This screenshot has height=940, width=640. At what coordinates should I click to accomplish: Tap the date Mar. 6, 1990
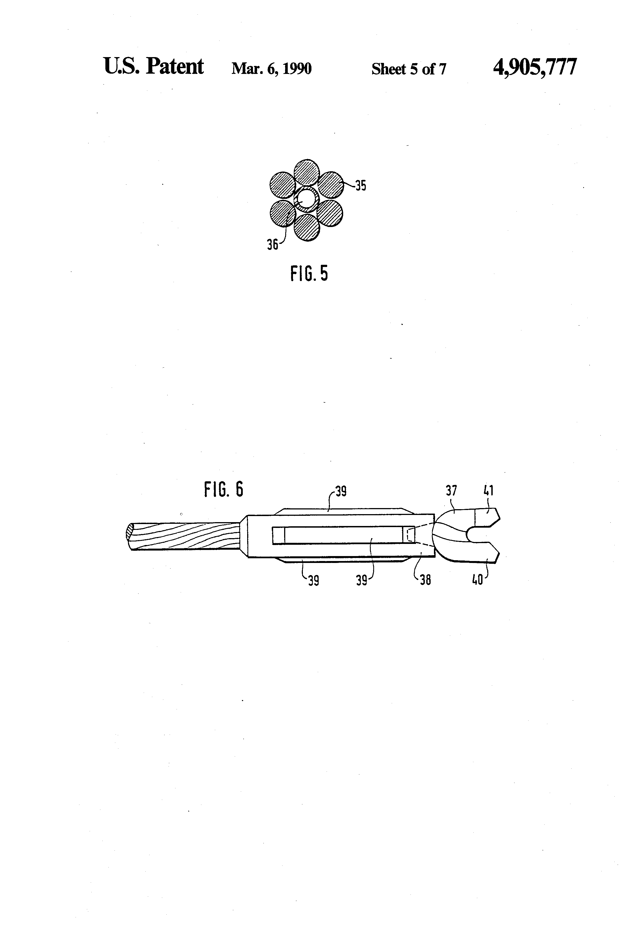point(271,69)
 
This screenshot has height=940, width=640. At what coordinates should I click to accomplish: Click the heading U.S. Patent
point(153,66)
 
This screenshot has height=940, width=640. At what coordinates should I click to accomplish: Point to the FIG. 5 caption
point(309,274)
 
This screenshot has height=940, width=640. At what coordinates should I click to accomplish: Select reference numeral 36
point(272,244)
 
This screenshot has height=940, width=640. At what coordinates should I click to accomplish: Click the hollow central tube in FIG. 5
point(306,199)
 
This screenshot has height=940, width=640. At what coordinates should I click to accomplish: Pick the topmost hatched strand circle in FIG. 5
point(306,172)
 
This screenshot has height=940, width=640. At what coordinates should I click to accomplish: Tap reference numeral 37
point(451,491)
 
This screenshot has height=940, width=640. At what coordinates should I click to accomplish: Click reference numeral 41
point(489,491)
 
